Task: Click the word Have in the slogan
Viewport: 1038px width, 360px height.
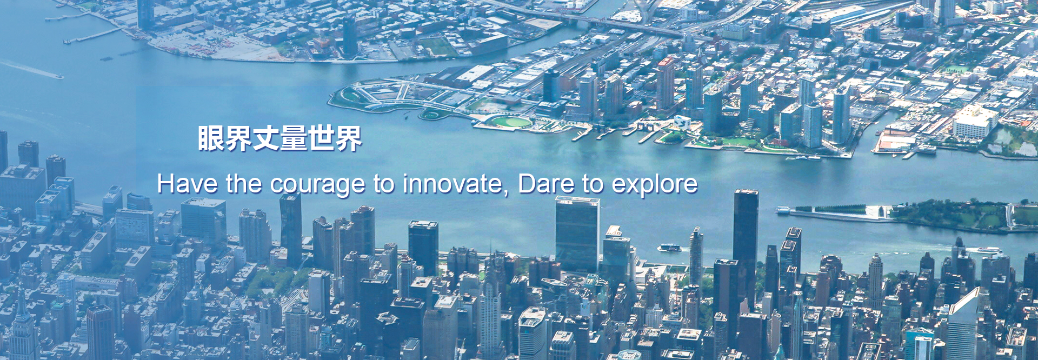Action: pos(188,184)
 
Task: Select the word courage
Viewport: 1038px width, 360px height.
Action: pos(318,185)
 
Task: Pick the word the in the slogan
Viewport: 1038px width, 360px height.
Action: pos(244,184)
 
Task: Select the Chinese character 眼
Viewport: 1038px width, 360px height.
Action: pos(210,138)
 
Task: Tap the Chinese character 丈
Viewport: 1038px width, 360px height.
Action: pos(265,138)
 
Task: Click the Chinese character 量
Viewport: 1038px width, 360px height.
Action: pos(293,138)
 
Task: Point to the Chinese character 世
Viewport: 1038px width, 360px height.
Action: pos(321,138)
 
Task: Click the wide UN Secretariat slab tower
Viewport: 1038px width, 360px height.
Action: pos(577,235)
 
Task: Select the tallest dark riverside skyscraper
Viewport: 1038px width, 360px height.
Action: pos(746,249)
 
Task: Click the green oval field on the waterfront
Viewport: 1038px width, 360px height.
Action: pos(511,122)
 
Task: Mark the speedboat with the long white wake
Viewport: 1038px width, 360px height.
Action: pos(54,75)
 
